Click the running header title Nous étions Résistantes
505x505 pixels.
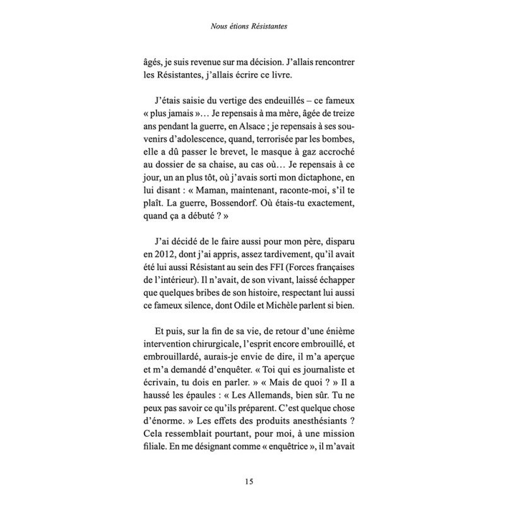[252, 28]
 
